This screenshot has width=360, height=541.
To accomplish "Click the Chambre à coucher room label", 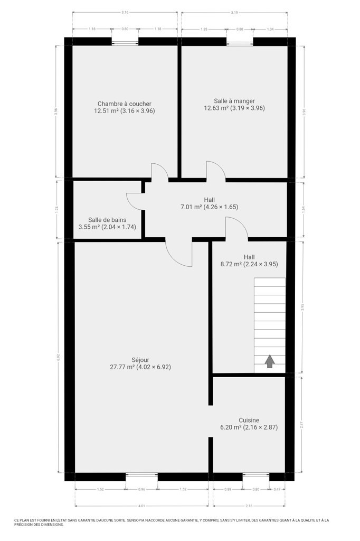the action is [125, 104].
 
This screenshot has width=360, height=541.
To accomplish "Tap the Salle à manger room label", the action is [234, 101].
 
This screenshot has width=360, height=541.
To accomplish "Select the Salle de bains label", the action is [107, 220].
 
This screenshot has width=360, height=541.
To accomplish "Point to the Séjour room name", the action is [140, 360].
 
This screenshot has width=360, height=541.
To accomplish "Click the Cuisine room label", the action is [249, 420].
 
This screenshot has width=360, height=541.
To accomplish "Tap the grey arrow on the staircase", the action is [270, 361].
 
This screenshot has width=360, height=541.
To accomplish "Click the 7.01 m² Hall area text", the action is [210, 207].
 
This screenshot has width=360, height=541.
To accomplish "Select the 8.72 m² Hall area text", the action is [249, 264].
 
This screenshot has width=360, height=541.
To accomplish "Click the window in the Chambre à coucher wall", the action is [125, 43].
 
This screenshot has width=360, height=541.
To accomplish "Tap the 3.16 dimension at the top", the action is [125, 13].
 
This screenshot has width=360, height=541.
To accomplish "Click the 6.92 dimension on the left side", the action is [59, 357].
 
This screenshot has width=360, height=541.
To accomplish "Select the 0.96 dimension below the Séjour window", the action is [141, 489].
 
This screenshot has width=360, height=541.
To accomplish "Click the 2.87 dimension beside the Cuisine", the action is [301, 425].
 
